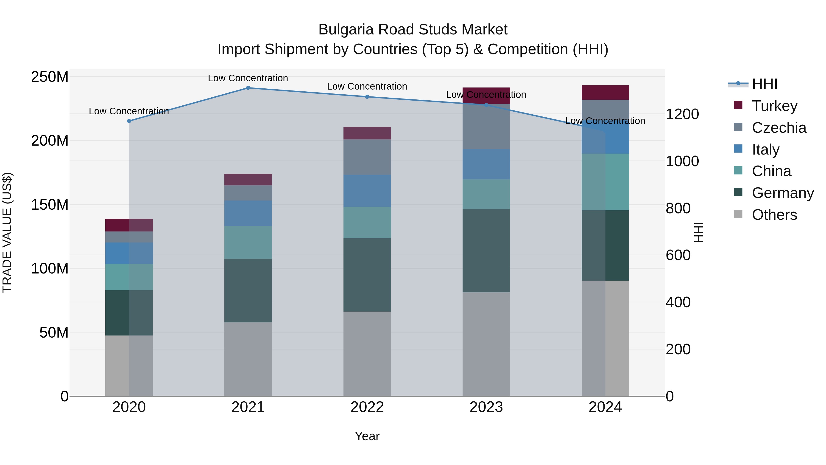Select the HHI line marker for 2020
click(129, 121)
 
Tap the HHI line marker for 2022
click(367, 97)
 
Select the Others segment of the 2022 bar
click(367, 354)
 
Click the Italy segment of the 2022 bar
click(367, 191)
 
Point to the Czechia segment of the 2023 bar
click(486, 127)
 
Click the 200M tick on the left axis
click(50, 141)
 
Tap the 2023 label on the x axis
click(486, 407)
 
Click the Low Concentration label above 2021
click(248, 78)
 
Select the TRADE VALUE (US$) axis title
click(7, 232)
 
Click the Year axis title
click(367, 436)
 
